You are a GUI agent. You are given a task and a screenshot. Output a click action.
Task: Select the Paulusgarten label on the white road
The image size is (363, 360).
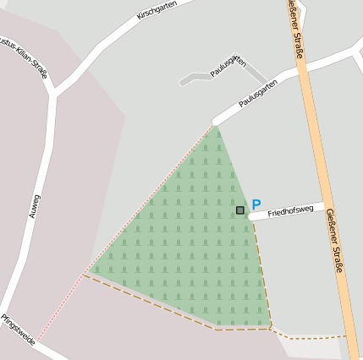point(258,95)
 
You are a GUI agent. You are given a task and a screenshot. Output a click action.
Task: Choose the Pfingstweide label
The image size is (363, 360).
point(18,329)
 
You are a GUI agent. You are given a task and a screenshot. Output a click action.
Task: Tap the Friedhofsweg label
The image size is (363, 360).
point(290,211)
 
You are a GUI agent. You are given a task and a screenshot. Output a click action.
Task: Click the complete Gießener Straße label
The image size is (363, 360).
point(335,240)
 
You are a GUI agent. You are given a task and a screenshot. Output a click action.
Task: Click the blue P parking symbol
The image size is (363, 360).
point(256,205)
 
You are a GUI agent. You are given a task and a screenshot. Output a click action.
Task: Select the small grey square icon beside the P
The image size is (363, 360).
point(240,210)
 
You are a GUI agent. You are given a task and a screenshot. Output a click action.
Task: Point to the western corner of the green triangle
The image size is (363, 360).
point(91,272)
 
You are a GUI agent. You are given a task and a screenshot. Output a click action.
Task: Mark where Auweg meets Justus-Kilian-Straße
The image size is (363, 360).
point(52,95)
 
